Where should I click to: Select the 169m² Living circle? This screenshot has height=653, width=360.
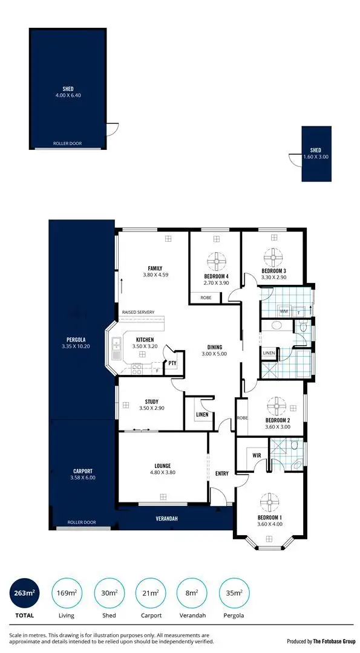pos(65,594)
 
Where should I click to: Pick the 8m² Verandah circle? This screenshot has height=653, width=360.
pos(191,594)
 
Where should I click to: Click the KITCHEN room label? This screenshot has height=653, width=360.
pos(145,340)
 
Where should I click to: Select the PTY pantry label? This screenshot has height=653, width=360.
pos(172,363)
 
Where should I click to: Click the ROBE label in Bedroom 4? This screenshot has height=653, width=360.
pos(206,297)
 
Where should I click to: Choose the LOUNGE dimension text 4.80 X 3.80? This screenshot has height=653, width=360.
pos(163,473)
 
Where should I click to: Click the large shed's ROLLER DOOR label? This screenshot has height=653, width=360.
pos(68,144)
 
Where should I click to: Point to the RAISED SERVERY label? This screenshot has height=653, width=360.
pos(138,312)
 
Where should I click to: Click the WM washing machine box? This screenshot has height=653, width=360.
pos(283,311)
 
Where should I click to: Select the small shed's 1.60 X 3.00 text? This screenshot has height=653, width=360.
pos(316,157)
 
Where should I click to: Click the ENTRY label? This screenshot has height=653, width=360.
pos(222,473)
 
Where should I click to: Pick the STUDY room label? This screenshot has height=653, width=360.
pos(151,401)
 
